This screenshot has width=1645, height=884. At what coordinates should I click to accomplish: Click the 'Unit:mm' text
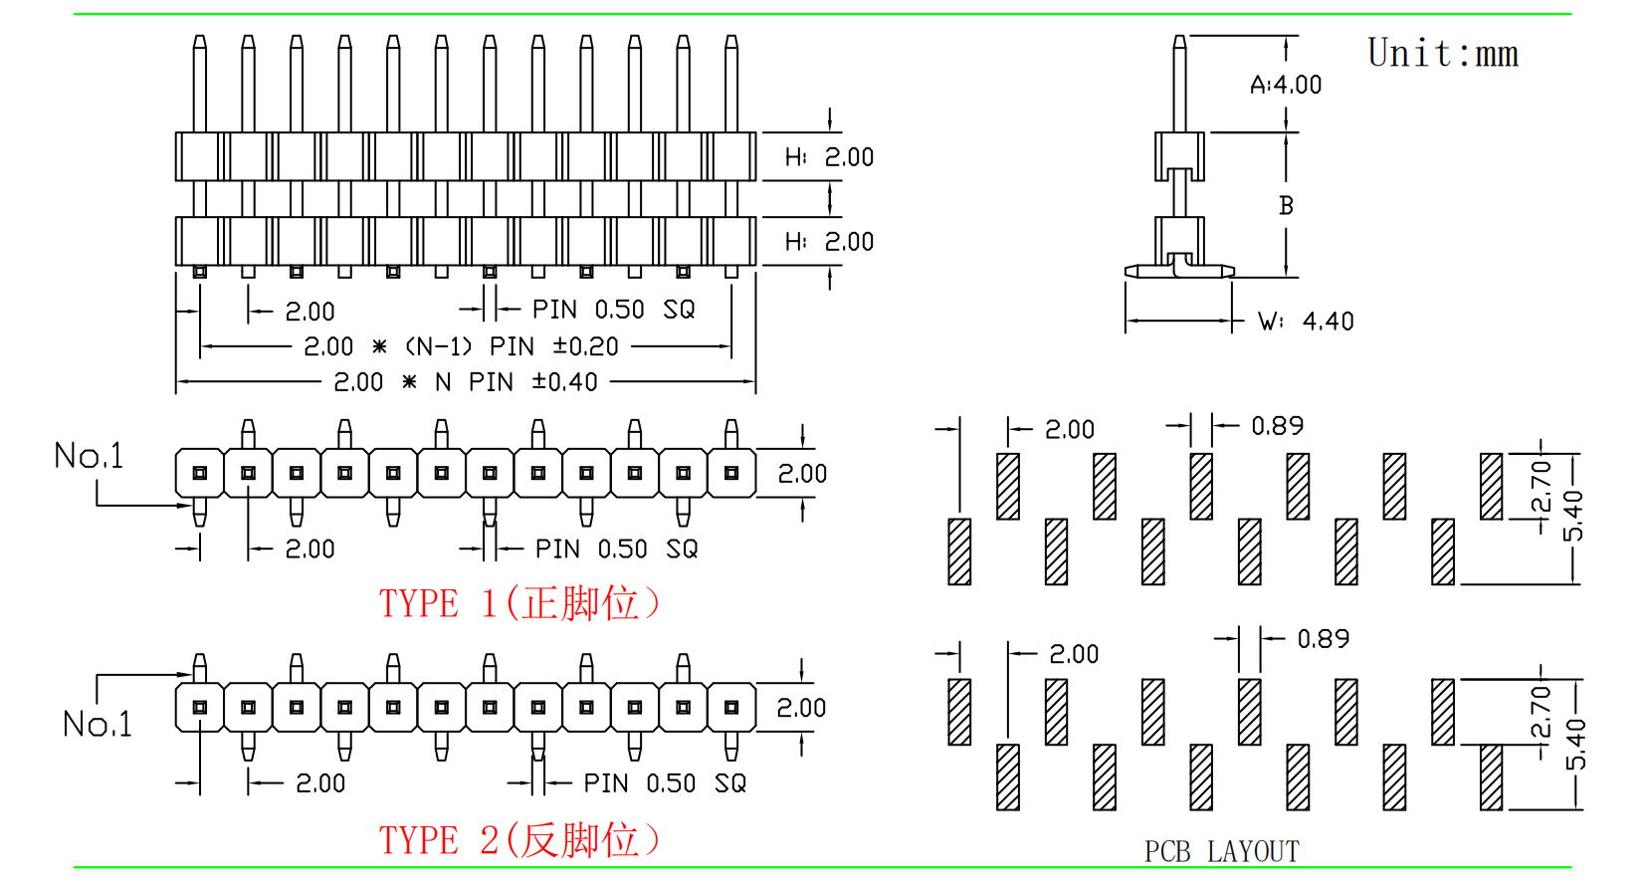point(1442,54)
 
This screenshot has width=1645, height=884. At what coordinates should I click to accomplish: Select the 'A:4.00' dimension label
point(1286,86)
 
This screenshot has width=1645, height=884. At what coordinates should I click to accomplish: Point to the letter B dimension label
point(1286,206)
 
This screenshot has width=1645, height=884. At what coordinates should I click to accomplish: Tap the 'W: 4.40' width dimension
point(1306,322)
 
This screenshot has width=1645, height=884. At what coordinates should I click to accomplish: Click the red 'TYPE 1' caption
point(518,603)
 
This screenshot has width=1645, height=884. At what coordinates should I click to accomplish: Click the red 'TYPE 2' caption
point(518,840)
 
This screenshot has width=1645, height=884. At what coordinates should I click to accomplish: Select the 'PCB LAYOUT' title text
point(1221,852)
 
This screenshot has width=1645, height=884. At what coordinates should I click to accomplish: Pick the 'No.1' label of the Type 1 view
point(89,456)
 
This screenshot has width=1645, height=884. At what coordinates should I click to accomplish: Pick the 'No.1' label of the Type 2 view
point(97,724)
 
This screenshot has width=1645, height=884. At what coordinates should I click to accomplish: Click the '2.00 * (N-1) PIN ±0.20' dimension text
point(461,346)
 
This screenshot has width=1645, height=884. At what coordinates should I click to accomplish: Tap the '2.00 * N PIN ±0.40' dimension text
point(466,382)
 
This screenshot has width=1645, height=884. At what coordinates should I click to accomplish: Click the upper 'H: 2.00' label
point(829,157)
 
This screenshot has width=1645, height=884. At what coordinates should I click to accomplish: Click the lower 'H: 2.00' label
point(829,242)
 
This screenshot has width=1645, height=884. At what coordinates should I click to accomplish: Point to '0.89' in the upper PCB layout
point(1277,426)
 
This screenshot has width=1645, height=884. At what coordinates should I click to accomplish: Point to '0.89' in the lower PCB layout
point(1323,639)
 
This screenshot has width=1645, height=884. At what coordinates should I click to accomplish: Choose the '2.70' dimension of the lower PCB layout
point(1541,712)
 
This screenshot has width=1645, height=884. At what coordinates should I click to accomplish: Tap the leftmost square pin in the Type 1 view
point(200,473)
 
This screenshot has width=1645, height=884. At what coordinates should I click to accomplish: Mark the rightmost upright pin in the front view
point(731,84)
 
